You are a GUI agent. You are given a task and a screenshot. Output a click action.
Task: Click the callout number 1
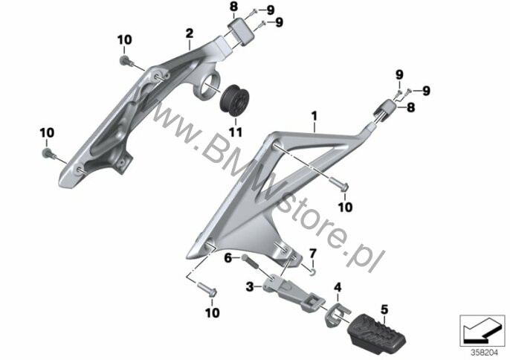point(314,116)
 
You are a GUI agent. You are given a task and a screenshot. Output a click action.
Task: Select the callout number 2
point(190,33)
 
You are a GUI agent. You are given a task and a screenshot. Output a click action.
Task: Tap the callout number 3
point(250,287)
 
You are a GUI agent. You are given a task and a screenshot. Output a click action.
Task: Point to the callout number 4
point(338,287)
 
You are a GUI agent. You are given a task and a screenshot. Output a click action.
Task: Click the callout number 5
point(384,309)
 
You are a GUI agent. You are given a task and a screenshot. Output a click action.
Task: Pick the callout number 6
point(228,258)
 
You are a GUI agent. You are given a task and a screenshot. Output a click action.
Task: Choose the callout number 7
point(312,253)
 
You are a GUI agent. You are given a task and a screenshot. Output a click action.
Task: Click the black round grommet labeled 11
point(235,100)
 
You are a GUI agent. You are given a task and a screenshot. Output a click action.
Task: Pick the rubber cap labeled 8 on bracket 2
point(241,30)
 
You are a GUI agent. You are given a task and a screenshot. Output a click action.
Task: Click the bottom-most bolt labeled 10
point(207,289)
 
